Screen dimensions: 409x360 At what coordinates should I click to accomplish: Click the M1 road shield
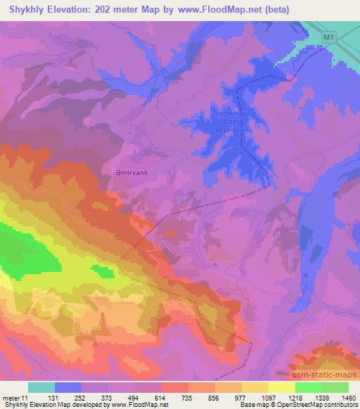click(x=330, y=36)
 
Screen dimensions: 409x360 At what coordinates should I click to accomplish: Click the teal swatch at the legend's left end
click(x=41, y=387)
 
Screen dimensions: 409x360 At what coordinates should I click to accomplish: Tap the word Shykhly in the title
click(x=27, y=9)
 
